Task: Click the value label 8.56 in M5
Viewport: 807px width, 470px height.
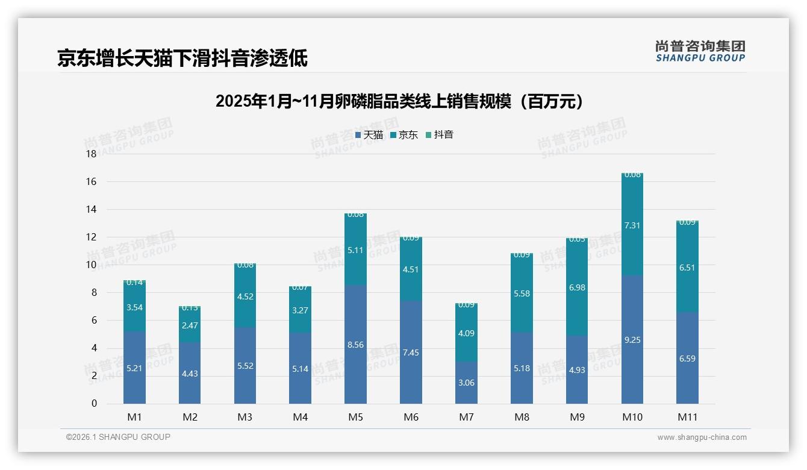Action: (355, 345)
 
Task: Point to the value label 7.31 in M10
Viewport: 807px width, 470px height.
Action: (632, 225)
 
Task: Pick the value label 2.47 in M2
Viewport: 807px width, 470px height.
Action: (190, 325)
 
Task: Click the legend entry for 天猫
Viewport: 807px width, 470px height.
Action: (369, 135)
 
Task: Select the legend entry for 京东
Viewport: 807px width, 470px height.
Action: (404, 135)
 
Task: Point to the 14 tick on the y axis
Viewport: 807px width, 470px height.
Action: (91, 209)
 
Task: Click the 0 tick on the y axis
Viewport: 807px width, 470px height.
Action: (94, 404)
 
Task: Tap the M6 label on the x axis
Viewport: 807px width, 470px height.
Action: (411, 417)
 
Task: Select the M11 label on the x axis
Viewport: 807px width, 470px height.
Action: (687, 417)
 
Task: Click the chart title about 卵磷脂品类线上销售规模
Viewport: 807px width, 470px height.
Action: (400, 101)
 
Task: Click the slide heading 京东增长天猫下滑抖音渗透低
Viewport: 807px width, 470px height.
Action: (182, 58)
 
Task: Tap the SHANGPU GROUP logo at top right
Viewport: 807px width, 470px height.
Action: (700, 51)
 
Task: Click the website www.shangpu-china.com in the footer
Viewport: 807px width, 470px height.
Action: (702, 437)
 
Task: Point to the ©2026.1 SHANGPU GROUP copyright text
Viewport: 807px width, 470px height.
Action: (118, 437)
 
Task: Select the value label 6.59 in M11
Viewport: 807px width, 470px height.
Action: (687, 359)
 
